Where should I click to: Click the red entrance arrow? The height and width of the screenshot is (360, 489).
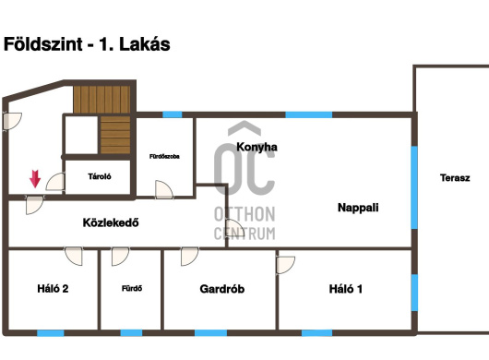point(35,179)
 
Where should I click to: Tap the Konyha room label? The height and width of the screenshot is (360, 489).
point(256,147)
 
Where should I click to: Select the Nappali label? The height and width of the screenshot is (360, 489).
point(358,208)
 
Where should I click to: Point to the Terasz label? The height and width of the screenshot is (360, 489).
point(455,178)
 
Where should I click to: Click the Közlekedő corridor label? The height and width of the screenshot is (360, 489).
point(111,222)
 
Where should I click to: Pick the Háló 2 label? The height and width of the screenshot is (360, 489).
point(53,289)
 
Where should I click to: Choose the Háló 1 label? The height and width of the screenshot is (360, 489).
point(346,289)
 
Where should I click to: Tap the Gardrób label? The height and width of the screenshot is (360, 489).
point(222,289)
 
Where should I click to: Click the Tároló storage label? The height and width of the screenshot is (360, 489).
point(100,176)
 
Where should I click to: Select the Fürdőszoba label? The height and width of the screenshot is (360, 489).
point(164,157)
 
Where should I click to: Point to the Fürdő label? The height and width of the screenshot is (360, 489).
point(132,289)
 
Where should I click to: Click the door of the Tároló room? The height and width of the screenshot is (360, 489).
point(55,182)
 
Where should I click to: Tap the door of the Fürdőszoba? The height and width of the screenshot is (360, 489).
point(163,189)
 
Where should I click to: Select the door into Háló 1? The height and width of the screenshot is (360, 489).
point(285,265)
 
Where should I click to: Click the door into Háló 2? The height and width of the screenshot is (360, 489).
point(74,256)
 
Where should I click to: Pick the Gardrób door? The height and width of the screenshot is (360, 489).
point(190,257)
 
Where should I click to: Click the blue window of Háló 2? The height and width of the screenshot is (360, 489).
point(51,333)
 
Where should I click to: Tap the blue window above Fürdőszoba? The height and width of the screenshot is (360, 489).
point(173,114)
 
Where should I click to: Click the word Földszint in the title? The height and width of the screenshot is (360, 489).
point(43,44)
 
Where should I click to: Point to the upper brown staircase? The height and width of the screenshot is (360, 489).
point(101,99)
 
